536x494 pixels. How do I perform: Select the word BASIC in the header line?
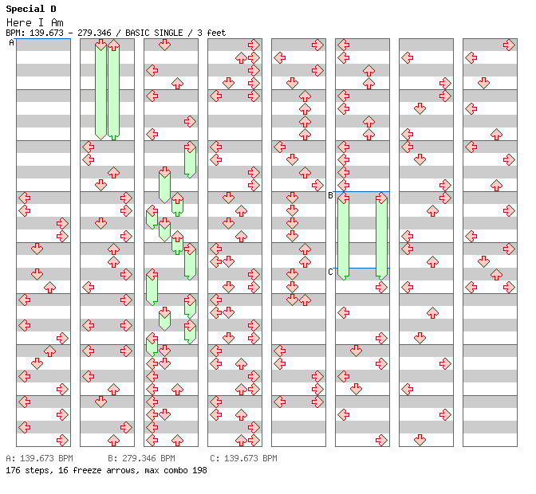click(140, 33)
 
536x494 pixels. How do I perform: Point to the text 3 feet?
click(211, 33)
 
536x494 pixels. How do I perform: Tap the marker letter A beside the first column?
click(11, 42)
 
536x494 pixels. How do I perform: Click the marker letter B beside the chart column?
click(330, 195)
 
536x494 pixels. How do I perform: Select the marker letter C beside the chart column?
click(330, 272)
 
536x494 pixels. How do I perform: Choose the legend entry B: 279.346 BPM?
click(141, 459)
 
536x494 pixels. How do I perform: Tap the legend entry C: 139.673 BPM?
click(243, 459)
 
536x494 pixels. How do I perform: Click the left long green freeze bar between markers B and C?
click(343, 235)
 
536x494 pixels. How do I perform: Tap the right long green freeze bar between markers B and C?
click(381, 235)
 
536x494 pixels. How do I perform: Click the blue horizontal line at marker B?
click(362, 191)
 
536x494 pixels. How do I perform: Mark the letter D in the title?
click(53, 9)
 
